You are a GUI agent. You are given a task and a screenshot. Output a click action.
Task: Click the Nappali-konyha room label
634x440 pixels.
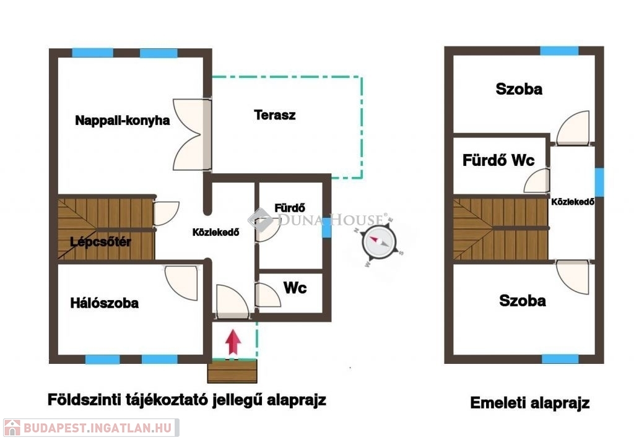pyautogui.click(x=122, y=121)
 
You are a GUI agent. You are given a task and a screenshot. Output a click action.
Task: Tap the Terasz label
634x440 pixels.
pyautogui.click(x=275, y=115)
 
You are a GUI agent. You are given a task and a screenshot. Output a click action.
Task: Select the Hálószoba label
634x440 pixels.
pyautogui.click(x=104, y=303)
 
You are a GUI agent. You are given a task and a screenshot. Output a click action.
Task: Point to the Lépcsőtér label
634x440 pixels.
pyautogui.click(x=100, y=242)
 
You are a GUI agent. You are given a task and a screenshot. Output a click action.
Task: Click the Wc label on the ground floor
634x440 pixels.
pyautogui.click(x=295, y=288)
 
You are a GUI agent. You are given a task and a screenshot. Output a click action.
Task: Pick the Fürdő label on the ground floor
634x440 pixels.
pyautogui.click(x=290, y=208)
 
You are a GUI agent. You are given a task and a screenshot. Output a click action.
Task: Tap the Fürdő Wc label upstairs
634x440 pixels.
pyautogui.click(x=498, y=160)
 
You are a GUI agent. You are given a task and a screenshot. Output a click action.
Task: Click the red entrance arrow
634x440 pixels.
pyautogui.click(x=233, y=343)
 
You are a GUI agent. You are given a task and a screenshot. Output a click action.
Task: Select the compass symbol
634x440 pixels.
pyautogui.click(x=380, y=243)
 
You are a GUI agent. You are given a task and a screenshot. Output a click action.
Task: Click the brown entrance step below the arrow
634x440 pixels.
pyautogui.click(x=232, y=371)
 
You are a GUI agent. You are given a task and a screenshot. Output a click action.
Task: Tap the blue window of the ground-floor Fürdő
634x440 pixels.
pyautogui.click(x=326, y=227)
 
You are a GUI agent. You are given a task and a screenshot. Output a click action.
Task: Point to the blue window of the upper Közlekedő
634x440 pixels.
pyautogui.click(x=599, y=182)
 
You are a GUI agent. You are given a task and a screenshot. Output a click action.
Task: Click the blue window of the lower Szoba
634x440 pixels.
pyautogui.click(x=560, y=359)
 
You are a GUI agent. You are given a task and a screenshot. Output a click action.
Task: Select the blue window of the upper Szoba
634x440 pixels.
pyautogui.click(x=559, y=51)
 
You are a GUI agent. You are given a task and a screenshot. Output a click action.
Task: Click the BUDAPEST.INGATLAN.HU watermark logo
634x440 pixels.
pyautogui.click(x=91, y=428)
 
